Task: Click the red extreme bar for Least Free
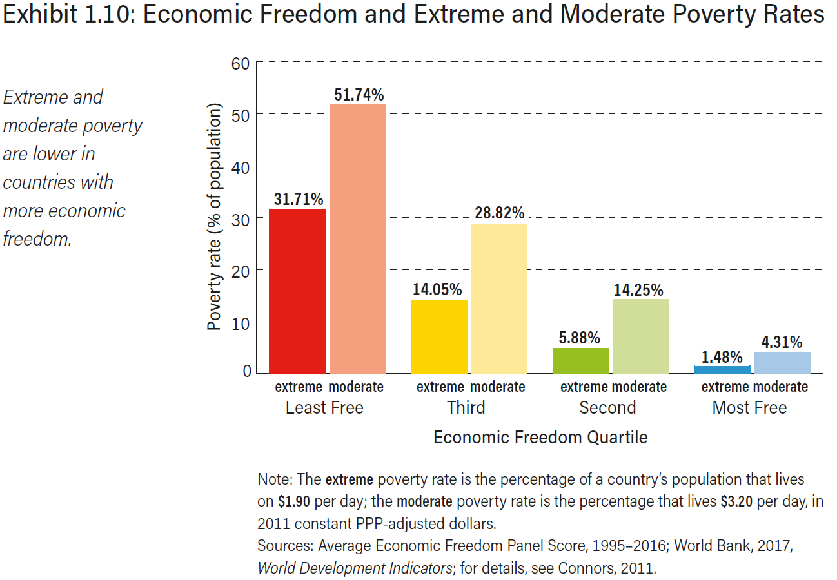297,291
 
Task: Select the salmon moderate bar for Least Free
358,238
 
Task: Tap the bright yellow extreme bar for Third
439,336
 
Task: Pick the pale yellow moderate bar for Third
499,298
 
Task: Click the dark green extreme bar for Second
581,360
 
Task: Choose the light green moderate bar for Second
641,336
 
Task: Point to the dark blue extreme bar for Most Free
722,369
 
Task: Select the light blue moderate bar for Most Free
783,362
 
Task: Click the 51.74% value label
359,95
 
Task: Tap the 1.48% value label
722,357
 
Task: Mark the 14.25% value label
638,290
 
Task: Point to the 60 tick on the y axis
240,63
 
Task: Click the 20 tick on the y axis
240,271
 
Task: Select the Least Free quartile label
324,408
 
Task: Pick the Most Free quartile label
749,408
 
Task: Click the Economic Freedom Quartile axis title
540,438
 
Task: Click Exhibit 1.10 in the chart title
66,15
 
